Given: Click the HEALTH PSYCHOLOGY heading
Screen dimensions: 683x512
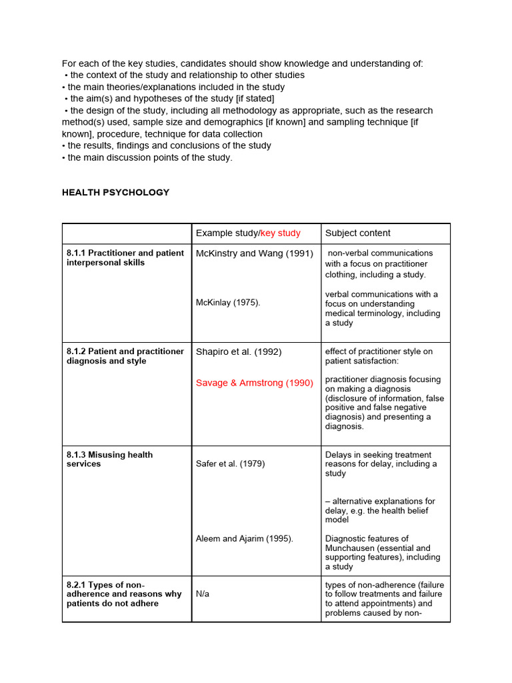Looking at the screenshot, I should [115, 192].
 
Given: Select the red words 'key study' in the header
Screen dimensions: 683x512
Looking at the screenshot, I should [280, 233].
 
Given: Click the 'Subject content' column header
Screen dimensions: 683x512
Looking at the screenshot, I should [357, 233].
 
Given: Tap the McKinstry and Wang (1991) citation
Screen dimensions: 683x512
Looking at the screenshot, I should [254, 253].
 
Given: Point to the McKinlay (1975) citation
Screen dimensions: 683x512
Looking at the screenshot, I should [228, 302].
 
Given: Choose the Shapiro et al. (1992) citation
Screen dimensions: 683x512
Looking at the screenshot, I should [239, 352].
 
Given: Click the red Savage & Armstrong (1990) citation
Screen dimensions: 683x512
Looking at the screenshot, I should [254, 383].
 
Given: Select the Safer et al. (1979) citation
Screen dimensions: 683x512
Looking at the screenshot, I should [230, 464].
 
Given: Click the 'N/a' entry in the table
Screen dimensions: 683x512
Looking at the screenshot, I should [202, 594].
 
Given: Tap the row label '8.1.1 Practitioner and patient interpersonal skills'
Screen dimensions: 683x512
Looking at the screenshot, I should [125, 257].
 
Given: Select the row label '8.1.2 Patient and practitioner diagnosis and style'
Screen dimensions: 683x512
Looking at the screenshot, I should [125, 356].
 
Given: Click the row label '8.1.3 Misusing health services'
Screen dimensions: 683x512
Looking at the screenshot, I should [109, 459].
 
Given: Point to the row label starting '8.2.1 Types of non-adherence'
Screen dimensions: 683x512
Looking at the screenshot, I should [124, 594].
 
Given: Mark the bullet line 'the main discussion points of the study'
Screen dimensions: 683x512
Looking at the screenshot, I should [149, 157].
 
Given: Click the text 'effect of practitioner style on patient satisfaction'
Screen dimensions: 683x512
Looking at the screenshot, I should [379, 356].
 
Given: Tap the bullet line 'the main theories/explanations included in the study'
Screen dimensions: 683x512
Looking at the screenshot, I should [175, 87].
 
